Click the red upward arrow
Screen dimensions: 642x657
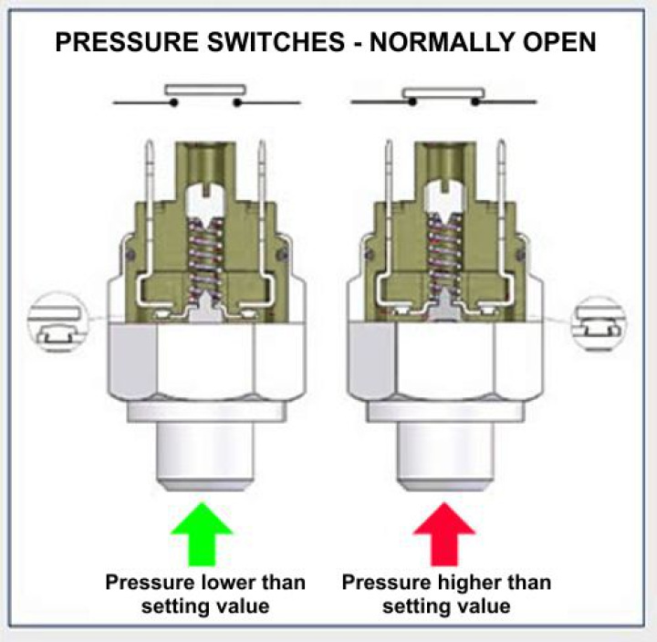click(444, 534)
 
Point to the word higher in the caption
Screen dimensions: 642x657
click(458, 582)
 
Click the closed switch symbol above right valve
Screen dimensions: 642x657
click(443, 97)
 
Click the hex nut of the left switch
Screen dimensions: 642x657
click(206, 362)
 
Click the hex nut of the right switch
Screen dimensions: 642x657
click(445, 362)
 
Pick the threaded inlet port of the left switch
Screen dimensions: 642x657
click(206, 451)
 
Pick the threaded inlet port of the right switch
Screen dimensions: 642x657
click(445, 451)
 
